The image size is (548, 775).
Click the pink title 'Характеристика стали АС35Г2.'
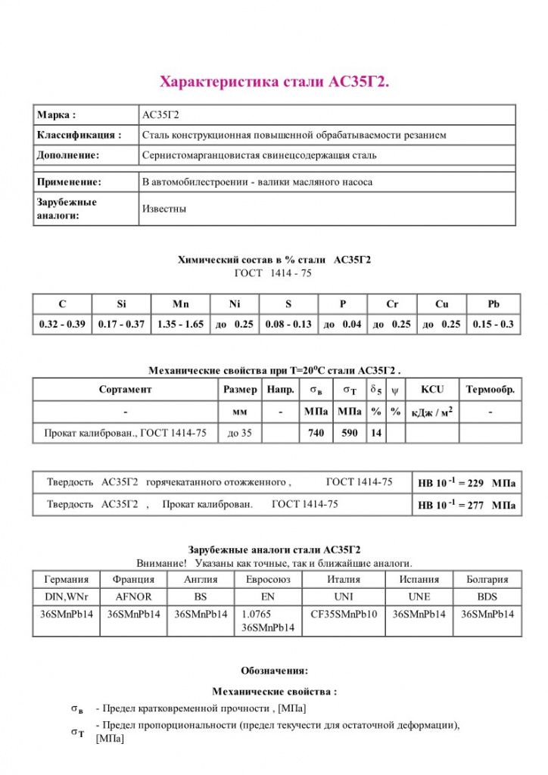274,82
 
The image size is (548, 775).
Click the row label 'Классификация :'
79,135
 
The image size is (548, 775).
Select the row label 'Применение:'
69,182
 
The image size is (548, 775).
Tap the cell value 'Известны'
163,208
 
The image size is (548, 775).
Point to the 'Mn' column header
180,304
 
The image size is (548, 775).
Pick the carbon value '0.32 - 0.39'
62,325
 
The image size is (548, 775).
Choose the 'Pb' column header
494,304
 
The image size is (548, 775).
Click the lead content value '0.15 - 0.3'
494,325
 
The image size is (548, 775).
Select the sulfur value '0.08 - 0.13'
288,325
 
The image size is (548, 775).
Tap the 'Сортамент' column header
125,390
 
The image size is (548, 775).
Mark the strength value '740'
316,433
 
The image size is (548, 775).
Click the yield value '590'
349,433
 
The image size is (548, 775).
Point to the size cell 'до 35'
240,433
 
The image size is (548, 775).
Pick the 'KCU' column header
432,390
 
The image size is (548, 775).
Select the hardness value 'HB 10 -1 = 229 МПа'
466,482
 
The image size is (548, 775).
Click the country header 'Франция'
134,579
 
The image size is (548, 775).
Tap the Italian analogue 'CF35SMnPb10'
344,614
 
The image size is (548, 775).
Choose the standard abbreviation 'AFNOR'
134,596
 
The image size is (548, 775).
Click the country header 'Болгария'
487,579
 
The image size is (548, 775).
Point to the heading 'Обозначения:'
274,671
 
